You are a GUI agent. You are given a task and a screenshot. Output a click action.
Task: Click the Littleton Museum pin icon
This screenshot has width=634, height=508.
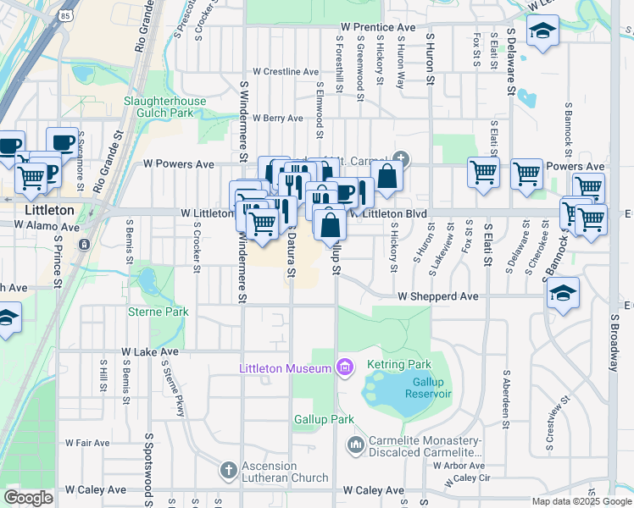[344, 367]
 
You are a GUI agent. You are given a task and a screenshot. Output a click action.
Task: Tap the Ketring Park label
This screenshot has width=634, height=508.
[392, 364]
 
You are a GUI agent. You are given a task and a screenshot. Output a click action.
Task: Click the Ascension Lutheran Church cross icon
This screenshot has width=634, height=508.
[226, 469]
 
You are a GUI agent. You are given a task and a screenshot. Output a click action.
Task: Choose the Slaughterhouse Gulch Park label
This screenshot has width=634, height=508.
[164, 107]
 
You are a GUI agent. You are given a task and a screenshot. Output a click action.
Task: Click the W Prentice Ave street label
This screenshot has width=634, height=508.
[377, 28]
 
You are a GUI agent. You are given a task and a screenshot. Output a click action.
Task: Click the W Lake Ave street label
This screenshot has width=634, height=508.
[150, 351]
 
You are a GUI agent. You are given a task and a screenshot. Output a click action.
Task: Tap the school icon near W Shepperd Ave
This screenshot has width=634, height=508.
[563, 293]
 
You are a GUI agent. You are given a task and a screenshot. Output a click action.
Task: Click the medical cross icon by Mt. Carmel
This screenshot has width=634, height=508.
[400, 158]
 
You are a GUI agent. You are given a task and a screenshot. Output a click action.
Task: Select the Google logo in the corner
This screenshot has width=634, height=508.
[28, 497]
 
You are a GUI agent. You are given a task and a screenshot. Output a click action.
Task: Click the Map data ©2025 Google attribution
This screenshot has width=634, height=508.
[581, 501]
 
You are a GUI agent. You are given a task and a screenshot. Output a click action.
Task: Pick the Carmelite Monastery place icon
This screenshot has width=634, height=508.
[355, 444]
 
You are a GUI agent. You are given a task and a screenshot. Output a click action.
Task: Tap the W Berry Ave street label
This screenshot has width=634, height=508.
[270, 119]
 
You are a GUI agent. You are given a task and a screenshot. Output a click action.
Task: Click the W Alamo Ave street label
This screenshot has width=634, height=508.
[47, 227]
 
